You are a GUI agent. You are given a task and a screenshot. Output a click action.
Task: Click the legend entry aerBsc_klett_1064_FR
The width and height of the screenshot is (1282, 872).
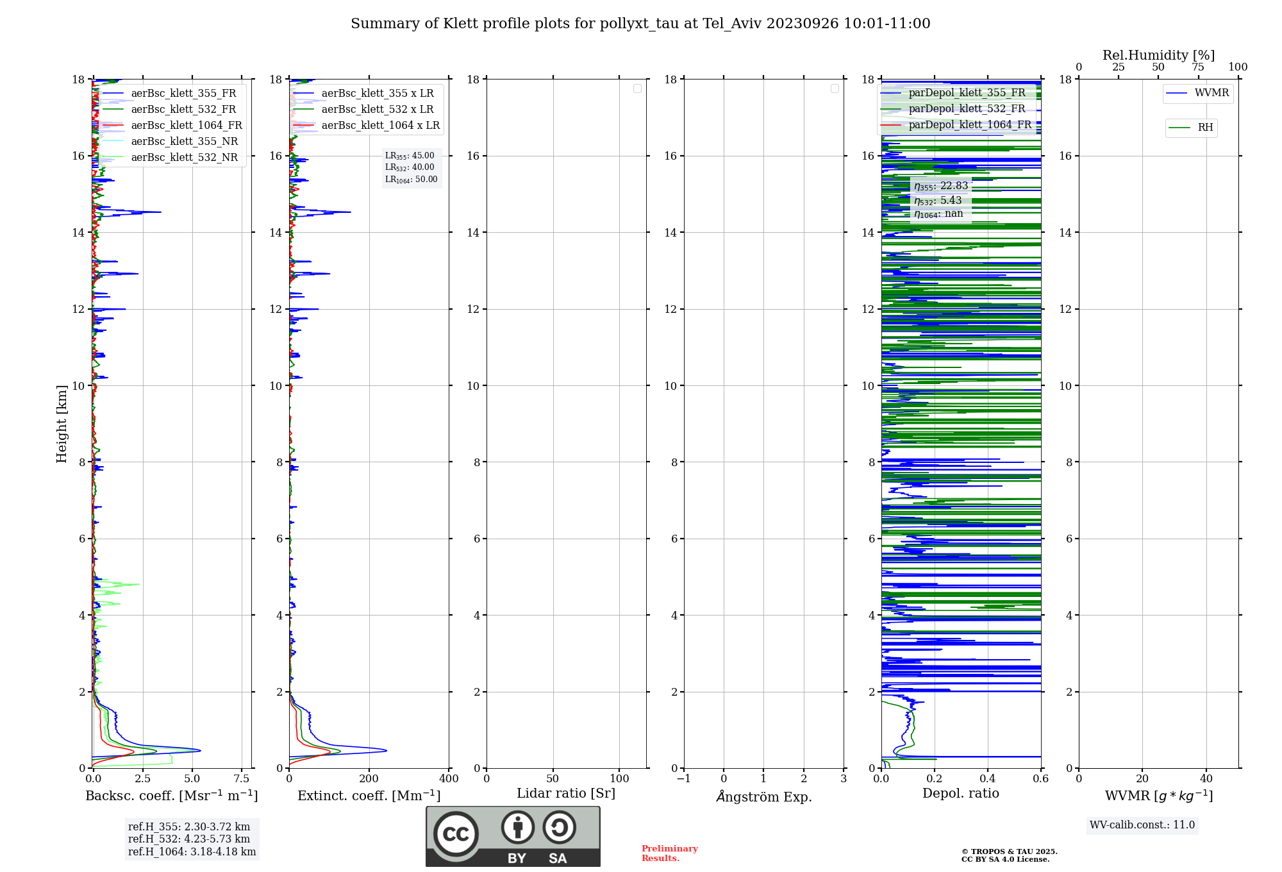point(187,126)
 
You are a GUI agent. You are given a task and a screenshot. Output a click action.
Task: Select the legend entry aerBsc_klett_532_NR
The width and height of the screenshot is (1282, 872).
point(184,158)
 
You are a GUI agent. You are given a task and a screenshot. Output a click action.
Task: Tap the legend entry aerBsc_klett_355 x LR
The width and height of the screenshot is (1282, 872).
point(378,94)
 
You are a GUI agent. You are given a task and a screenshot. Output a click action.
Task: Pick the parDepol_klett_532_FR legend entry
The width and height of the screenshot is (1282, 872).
point(967,109)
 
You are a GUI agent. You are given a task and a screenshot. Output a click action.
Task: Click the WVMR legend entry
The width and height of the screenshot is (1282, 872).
point(1211,93)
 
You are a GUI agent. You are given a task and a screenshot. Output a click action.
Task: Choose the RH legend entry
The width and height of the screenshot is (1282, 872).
point(1205,128)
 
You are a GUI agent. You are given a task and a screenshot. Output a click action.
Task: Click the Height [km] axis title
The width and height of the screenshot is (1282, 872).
point(62,424)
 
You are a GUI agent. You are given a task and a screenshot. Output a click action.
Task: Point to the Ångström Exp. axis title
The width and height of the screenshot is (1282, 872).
point(763,797)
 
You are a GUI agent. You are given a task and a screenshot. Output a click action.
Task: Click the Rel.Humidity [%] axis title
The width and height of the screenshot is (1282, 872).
point(1158,55)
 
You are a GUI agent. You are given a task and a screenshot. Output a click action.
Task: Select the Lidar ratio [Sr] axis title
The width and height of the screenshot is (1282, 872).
point(566,794)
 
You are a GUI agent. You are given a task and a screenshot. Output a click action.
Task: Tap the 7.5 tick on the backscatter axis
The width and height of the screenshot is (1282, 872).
point(242,779)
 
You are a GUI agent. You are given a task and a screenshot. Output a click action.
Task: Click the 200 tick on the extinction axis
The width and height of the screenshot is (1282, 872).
point(369,779)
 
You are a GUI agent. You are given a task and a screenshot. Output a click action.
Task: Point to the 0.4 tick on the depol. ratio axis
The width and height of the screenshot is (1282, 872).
point(988,779)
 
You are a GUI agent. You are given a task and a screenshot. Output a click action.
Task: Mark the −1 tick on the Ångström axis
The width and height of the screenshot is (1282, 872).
point(684,779)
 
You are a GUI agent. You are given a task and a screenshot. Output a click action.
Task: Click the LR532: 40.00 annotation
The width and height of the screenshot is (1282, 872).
point(410,167)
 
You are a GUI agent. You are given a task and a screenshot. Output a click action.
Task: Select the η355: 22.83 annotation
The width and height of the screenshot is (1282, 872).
point(941,186)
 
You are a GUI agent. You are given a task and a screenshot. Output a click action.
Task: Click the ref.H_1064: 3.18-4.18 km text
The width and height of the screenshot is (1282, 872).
point(192,852)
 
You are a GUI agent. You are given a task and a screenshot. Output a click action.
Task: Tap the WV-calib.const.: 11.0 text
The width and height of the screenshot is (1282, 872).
point(1142,825)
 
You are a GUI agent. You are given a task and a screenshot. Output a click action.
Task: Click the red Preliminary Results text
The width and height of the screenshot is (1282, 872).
point(669,853)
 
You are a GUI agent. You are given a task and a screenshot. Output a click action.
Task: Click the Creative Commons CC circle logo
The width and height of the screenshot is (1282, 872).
point(456,834)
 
